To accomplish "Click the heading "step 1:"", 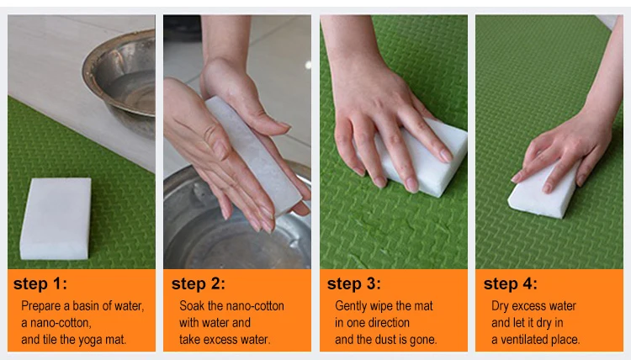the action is [40, 283].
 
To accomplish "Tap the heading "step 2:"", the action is [199, 283].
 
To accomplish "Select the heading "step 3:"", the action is [354, 283].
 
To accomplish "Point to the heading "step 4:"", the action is [511, 283].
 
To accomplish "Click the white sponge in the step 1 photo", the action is [56, 219].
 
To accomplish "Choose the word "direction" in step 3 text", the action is [390, 323].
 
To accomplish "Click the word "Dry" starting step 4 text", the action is [501, 306].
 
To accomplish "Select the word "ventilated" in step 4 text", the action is [524, 340].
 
